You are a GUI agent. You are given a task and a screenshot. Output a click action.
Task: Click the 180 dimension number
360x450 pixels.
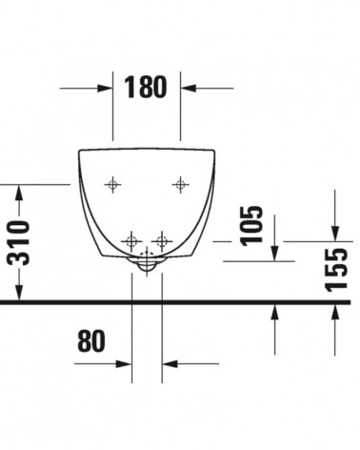145,87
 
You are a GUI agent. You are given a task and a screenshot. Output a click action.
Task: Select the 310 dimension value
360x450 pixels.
19,242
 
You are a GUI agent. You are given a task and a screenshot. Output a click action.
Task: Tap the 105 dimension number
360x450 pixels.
252,226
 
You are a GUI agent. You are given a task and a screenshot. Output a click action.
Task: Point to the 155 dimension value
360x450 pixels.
336,270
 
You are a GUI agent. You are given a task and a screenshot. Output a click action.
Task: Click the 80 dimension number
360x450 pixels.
91,340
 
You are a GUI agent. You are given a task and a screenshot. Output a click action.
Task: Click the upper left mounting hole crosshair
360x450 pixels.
112,184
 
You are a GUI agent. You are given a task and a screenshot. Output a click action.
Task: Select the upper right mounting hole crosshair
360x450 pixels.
180,184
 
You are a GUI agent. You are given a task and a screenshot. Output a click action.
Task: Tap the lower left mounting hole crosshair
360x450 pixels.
131,241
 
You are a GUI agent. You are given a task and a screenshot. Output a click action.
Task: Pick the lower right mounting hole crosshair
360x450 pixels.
162,241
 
